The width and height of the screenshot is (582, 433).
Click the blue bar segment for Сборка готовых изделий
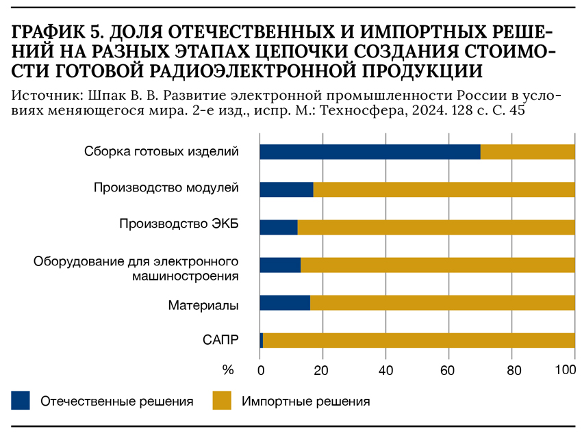(370, 152)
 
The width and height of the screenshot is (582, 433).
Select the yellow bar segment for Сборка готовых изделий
(527, 152)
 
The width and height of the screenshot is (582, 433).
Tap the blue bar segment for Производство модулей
(286, 189)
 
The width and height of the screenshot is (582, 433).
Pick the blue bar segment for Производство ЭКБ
(279, 227)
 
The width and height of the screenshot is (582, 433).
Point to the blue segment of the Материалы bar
(285, 303)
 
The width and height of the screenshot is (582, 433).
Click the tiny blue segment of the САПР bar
(262, 340)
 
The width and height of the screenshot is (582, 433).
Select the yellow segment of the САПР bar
(418, 340)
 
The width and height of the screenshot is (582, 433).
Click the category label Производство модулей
(166, 187)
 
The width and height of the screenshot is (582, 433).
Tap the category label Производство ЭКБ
(179, 224)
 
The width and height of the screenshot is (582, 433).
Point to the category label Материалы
(203, 305)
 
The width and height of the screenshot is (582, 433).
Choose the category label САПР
(220, 339)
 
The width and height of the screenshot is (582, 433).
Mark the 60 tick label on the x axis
(449, 371)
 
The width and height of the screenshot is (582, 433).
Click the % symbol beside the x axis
(228, 370)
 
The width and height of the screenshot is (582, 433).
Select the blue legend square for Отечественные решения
(21, 400)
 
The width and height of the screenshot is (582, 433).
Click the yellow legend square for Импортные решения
(222, 400)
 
